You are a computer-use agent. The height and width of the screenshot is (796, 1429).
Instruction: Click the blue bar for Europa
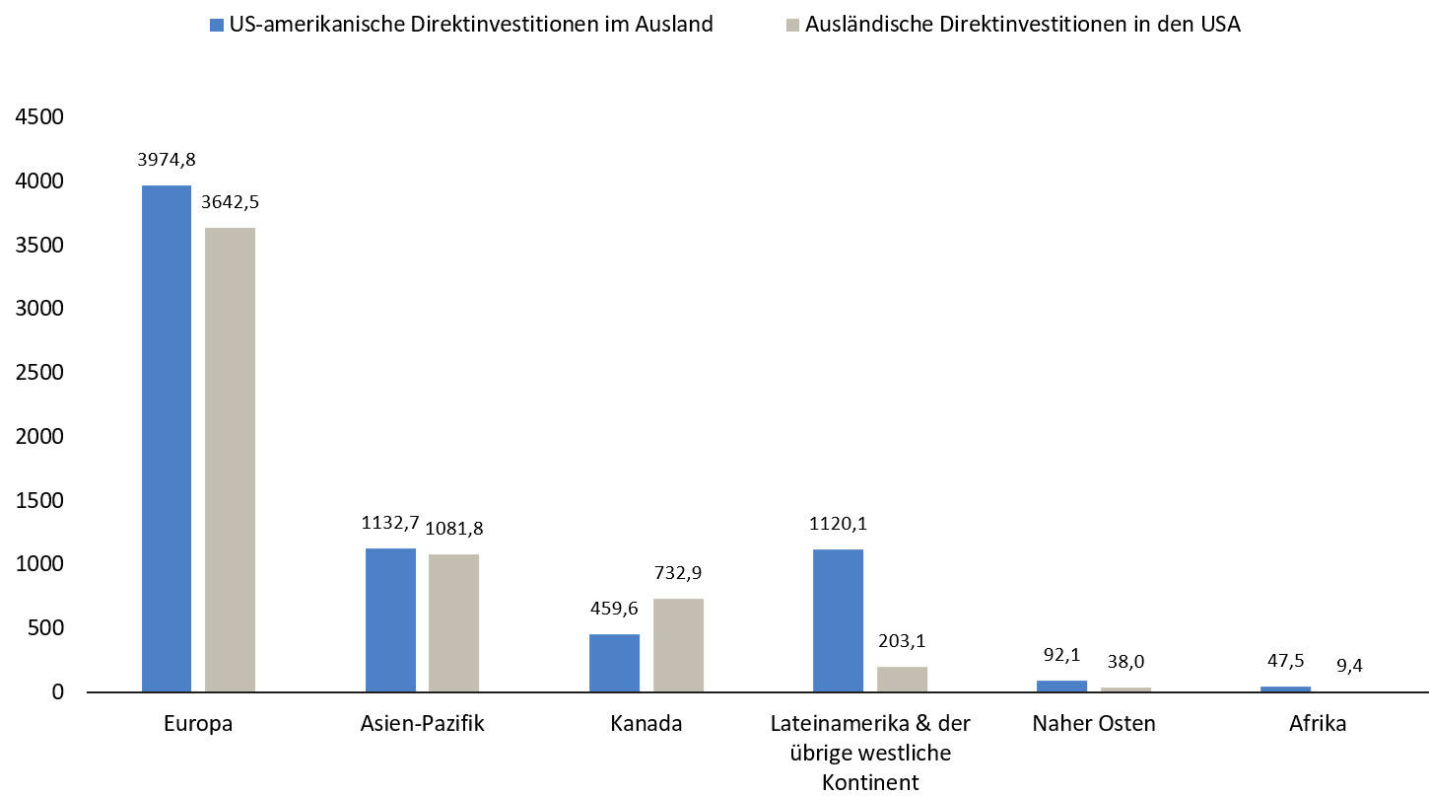(167, 438)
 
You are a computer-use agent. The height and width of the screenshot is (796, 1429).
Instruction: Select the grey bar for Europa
(230, 460)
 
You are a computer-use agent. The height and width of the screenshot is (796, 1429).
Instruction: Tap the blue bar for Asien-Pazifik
(390, 619)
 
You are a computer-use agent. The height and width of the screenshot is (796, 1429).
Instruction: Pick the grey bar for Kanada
(678, 645)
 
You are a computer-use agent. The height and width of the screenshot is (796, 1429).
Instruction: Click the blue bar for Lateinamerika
(838, 620)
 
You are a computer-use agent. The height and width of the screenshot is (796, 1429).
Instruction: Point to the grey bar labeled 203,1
(902, 679)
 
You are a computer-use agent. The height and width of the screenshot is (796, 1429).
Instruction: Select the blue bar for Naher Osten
(1061, 686)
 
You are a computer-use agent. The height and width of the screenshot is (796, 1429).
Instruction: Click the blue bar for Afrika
(1285, 688)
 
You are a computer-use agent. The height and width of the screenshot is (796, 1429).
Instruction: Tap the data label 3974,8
(167, 158)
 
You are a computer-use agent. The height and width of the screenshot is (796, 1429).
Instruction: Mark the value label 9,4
(1348, 663)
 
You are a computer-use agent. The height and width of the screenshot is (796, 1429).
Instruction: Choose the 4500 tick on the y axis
(38, 117)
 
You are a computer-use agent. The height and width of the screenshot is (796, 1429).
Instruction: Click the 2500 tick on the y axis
(38, 373)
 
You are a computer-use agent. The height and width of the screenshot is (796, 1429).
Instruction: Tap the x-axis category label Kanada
(646, 723)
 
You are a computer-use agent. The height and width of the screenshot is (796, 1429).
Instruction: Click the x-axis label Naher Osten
(1094, 723)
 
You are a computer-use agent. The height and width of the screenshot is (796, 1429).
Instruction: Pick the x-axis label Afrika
(1318, 723)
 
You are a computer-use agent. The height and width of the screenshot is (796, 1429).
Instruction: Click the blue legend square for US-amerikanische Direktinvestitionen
(216, 25)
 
